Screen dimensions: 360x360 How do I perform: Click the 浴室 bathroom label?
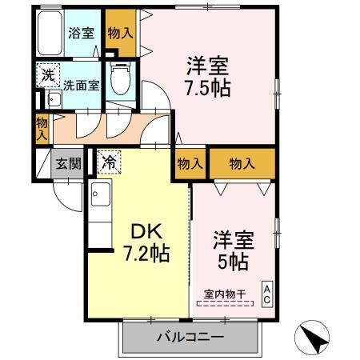pyautogui.click(x=81, y=34)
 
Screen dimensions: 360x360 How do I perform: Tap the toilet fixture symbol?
pyautogui.click(x=120, y=78)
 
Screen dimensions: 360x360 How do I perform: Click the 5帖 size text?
pyautogui.click(x=232, y=261)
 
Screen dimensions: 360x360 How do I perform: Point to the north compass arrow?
pyautogui.click(x=314, y=339)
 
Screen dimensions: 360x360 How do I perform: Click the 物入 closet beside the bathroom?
pyautogui.click(x=120, y=32)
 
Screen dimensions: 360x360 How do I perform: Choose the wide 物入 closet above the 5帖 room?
pyautogui.click(x=242, y=163)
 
